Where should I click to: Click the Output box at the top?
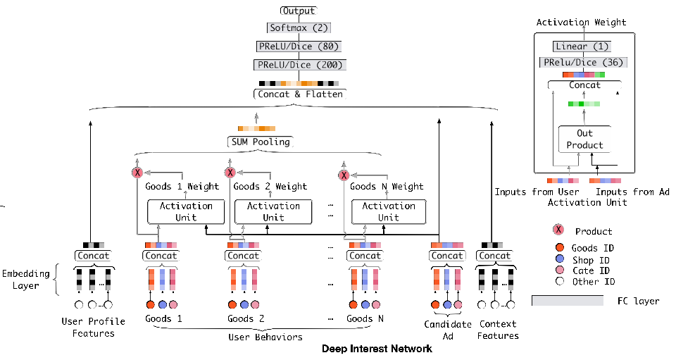click(x=298, y=11)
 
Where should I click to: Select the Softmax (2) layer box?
click(x=298, y=28)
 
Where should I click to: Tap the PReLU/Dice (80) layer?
click(x=298, y=46)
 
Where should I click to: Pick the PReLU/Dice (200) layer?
click(x=298, y=65)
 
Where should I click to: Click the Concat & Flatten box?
click(x=298, y=94)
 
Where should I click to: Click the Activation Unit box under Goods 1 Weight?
click(x=186, y=211)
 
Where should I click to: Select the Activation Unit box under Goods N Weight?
click(x=389, y=211)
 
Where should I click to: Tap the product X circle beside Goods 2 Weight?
click(x=230, y=173)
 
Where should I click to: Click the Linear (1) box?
click(x=581, y=46)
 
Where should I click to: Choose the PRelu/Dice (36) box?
click(x=582, y=63)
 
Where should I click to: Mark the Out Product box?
click(x=584, y=139)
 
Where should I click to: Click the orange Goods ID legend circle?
click(x=560, y=247)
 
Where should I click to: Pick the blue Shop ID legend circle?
click(x=560, y=260)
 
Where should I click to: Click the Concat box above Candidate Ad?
click(x=447, y=256)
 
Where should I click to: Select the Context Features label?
click(x=498, y=330)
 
